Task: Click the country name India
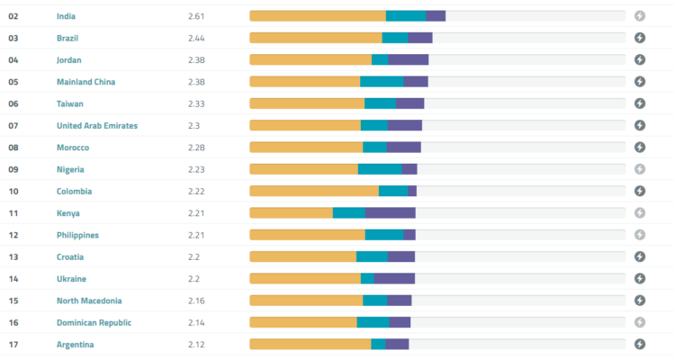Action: pos(66,16)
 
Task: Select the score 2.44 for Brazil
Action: pos(196,38)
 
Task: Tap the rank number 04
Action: pos(13,60)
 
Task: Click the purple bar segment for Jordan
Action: pos(409,59)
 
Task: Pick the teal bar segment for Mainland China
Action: pos(382,82)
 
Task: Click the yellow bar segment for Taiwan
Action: pos(307,103)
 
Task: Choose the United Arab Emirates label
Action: pos(97,126)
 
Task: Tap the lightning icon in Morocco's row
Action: pos(640,147)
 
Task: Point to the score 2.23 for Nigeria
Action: pos(196,169)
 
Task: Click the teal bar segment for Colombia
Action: pos(393,191)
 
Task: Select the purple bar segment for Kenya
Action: pos(391,212)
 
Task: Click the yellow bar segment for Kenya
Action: pos(291,212)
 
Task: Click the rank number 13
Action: pos(13,256)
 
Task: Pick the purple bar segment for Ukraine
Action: pos(394,278)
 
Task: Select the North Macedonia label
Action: pos(89,301)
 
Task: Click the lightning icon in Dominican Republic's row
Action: pos(640,322)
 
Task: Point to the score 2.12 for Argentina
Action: pos(196,344)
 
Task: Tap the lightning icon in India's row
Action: pos(640,16)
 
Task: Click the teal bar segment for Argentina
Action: pos(378,344)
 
